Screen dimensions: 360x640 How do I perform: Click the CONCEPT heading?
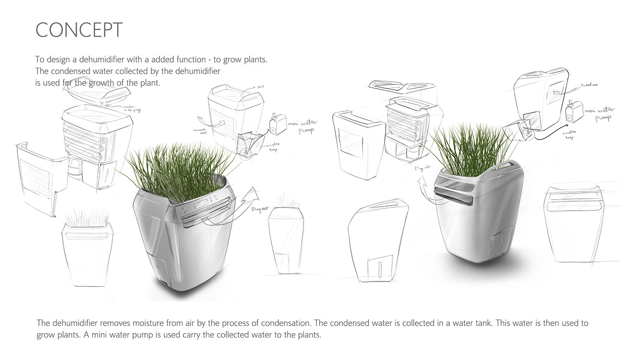coord(79,30)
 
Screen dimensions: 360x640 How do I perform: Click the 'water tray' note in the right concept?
coord(569,134)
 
